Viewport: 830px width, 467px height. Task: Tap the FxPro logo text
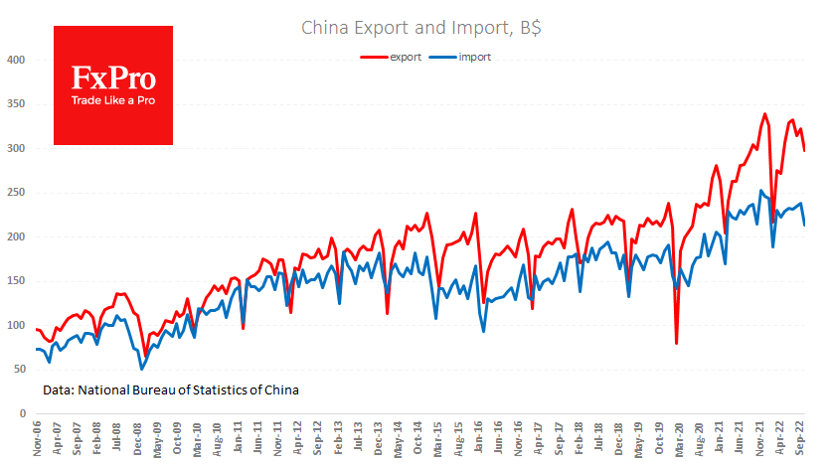(x=112, y=78)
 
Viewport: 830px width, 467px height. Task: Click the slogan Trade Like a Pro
(x=112, y=100)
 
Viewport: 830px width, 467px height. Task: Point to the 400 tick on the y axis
(x=15, y=60)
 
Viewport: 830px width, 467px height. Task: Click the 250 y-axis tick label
(x=15, y=193)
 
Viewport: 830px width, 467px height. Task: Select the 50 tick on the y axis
(x=18, y=369)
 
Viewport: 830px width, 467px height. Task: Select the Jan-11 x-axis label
(x=240, y=438)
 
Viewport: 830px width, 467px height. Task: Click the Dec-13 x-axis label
(x=380, y=438)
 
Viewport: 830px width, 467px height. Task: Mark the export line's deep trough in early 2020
(x=677, y=344)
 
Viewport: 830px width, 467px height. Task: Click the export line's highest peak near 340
(x=764, y=114)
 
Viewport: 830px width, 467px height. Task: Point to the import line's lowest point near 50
(x=142, y=369)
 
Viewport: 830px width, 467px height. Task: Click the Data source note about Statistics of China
(x=171, y=389)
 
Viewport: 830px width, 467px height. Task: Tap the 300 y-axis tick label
(x=15, y=148)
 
